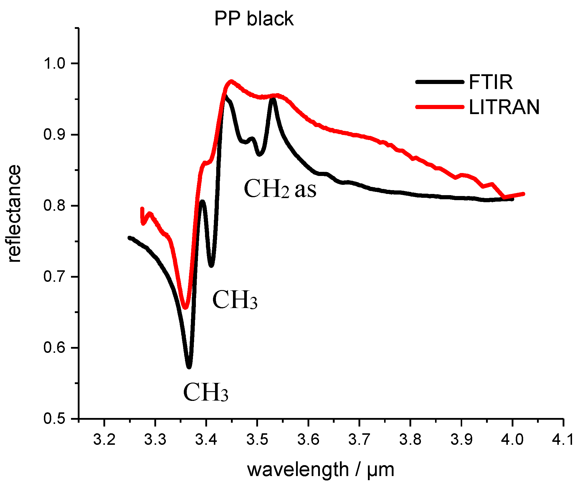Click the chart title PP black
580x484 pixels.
click(x=254, y=19)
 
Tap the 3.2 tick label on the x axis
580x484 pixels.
click(x=104, y=440)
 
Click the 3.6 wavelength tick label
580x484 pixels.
click(x=308, y=440)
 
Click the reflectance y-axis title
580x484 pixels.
click(x=14, y=214)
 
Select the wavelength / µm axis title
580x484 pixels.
click(x=320, y=470)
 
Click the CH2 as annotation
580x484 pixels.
click(x=280, y=189)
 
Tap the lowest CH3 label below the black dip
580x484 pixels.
click(x=206, y=392)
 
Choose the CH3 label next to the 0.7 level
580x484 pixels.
click(x=235, y=300)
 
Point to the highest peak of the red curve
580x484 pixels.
click(x=231, y=81)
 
